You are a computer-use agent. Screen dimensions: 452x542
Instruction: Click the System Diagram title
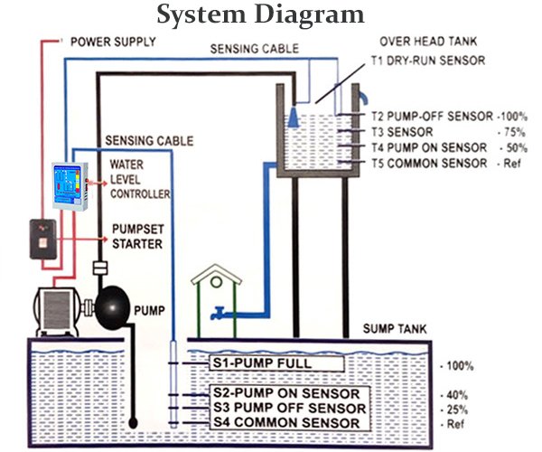[x=261, y=15]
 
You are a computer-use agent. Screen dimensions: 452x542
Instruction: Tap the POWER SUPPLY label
[x=113, y=42]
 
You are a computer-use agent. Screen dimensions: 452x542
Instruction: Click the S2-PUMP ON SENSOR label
[x=286, y=394]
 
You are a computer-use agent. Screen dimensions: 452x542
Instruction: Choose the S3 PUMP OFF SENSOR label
[x=288, y=408]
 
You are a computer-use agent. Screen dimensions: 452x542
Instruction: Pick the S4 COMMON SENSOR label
[x=288, y=422]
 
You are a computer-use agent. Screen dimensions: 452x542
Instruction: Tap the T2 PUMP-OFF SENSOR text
[x=432, y=117]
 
